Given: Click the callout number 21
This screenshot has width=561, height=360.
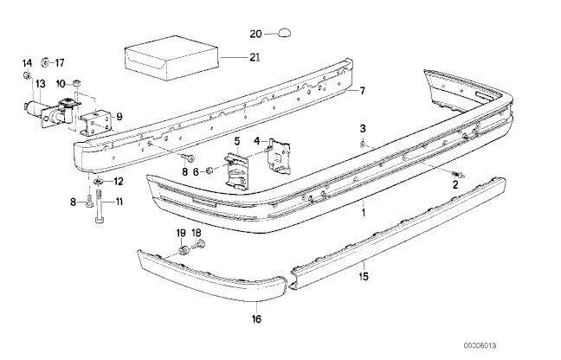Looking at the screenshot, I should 254,58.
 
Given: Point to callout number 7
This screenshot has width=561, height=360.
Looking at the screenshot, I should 363,90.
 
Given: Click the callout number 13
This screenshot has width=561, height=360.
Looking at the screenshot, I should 40,83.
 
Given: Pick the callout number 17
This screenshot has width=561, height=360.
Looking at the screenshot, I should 59,62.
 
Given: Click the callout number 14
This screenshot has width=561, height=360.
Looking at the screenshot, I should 26,62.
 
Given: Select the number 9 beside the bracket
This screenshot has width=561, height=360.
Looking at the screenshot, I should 119,117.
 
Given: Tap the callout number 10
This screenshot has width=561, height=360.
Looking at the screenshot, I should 61,83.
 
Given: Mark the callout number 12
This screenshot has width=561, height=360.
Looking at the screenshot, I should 119,181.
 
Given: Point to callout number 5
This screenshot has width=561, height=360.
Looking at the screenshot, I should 236,140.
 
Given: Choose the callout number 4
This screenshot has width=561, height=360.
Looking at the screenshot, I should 257,139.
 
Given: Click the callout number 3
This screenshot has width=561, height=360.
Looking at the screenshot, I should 364,127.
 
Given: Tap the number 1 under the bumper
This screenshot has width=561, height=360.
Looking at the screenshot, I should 364,211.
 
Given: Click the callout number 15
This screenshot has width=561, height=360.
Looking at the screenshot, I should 364,278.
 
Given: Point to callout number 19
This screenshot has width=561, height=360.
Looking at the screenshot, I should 181,234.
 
